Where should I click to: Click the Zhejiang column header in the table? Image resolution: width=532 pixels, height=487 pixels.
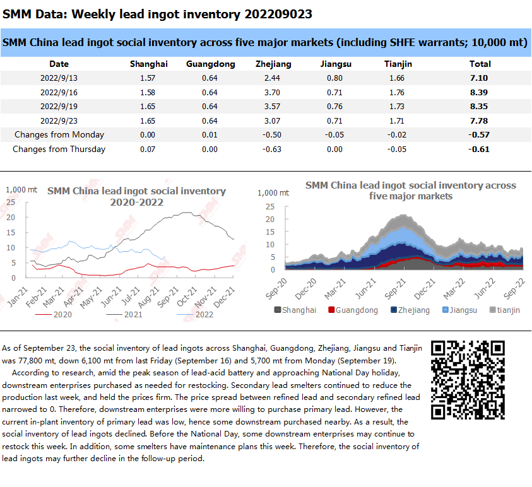point(273,64)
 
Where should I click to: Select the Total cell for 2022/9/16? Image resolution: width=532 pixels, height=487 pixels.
point(479,92)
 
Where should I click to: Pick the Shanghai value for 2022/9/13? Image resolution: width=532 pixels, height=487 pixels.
point(148,78)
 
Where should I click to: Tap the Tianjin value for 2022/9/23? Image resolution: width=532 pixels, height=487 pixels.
point(396,120)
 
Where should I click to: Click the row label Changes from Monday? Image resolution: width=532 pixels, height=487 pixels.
point(59,134)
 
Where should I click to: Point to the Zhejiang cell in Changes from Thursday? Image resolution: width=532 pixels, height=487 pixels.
point(272,150)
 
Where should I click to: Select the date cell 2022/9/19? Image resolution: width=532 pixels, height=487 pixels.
point(59,107)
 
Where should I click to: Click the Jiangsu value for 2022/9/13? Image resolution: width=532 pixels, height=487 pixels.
point(334,78)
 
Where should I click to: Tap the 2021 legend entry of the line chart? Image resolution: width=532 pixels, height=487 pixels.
point(124,315)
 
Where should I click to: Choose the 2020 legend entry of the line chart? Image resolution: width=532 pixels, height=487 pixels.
point(54,315)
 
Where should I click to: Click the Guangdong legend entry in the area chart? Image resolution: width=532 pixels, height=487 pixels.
point(353,310)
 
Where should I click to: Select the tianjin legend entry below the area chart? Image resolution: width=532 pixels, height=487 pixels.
point(505,310)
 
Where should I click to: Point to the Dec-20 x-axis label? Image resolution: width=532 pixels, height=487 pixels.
point(306,289)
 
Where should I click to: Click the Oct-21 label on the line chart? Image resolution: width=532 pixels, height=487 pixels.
point(187,296)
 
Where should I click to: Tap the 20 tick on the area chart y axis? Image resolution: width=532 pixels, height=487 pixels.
point(270,220)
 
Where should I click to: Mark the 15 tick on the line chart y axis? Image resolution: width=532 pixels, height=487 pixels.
point(11,233)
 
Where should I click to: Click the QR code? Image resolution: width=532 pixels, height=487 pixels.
point(468,380)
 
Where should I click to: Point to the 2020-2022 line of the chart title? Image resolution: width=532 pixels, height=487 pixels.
point(137,202)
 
